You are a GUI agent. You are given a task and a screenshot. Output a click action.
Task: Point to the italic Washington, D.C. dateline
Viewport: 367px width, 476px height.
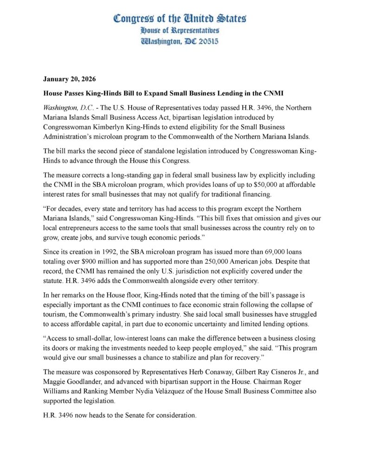point(65,107)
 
